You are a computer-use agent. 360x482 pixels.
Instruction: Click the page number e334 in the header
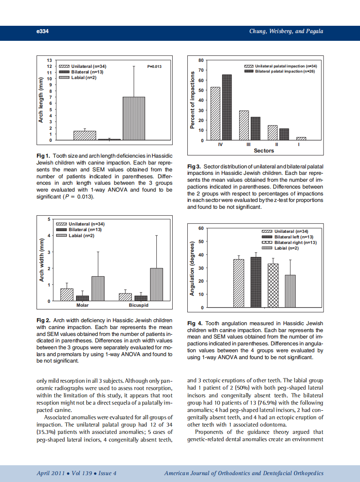pyautogui.click(x=43, y=31)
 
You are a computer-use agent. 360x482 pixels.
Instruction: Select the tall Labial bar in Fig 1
pyautogui.click(x=134, y=119)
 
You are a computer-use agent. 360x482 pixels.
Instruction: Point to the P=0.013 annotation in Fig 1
pyautogui.click(x=154, y=67)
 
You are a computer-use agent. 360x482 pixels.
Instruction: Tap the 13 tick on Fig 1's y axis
pyautogui.click(x=49, y=61)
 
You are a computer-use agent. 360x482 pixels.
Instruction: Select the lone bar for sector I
pyautogui.click(x=301, y=139)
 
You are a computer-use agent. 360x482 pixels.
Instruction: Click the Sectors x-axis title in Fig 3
pyautogui.click(x=264, y=151)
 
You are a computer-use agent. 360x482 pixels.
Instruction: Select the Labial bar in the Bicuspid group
pyautogui.click(x=156, y=285)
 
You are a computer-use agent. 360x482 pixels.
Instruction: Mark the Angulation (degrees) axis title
pyautogui.click(x=193, y=268)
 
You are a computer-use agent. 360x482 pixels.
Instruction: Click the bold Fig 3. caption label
pyautogui.click(x=195, y=166)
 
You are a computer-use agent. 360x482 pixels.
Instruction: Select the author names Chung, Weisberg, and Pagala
pyautogui.click(x=286, y=31)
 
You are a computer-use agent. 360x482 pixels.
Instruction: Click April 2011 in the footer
pyautogui.click(x=51, y=473)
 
